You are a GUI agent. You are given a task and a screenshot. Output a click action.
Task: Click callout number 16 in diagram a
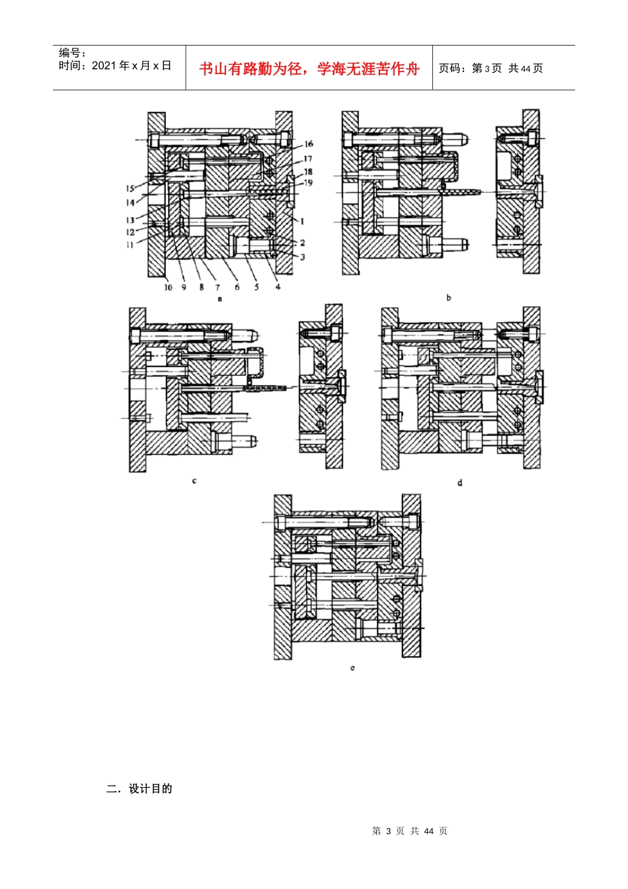[308, 144]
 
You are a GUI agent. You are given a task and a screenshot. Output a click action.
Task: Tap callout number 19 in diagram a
[308, 183]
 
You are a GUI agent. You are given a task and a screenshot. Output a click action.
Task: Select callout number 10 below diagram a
[168, 287]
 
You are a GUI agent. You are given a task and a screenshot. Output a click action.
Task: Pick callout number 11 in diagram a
[130, 245]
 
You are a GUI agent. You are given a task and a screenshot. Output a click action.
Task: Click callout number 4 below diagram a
[278, 286]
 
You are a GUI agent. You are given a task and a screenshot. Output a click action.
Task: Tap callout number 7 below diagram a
[217, 287]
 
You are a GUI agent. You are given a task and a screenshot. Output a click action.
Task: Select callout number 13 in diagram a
[130, 220]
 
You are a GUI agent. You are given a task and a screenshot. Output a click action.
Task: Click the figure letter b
[449, 297]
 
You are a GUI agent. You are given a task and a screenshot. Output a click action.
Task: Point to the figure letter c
[194, 481]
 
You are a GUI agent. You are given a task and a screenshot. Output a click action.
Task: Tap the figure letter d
[460, 483]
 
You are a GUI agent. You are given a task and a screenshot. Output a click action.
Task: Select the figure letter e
[352, 668]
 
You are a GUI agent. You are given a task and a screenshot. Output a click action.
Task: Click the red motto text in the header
[309, 69]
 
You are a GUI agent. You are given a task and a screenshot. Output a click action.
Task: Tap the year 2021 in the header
[104, 65]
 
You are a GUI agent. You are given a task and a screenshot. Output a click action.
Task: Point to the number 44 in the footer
[428, 831]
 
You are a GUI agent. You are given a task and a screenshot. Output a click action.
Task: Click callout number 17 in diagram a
[308, 159]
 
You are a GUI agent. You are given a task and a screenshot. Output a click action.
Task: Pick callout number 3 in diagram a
[302, 257]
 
